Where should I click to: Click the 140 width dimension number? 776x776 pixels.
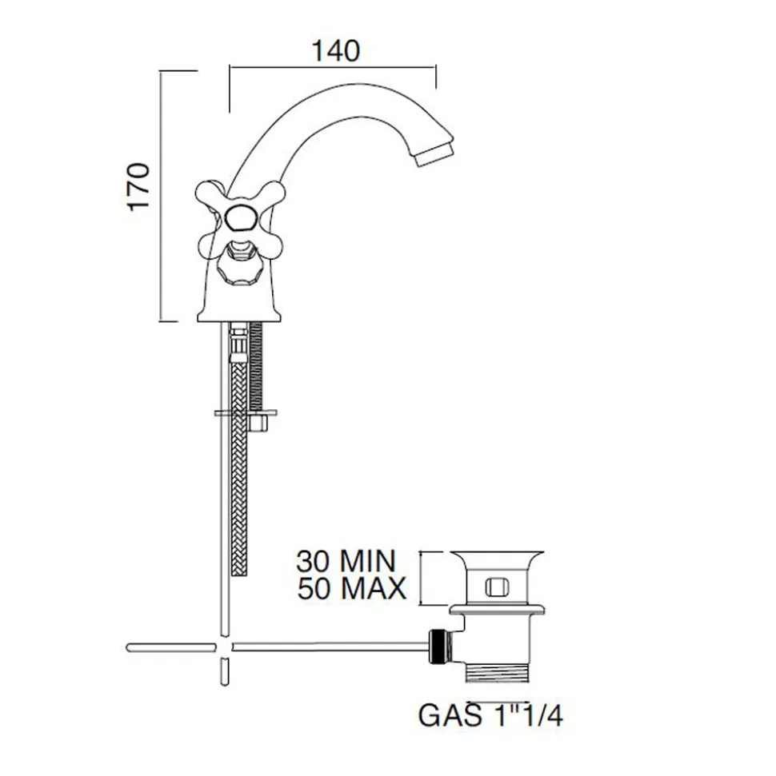(x=335, y=51)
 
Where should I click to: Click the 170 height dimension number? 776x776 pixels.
(x=138, y=187)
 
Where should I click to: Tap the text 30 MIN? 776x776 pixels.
(x=346, y=561)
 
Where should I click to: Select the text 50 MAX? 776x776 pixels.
(x=352, y=588)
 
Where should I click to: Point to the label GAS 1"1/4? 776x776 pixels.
(x=490, y=715)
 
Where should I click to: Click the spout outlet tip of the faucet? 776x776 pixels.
(x=436, y=154)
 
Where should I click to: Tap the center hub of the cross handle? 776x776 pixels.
(x=240, y=217)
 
